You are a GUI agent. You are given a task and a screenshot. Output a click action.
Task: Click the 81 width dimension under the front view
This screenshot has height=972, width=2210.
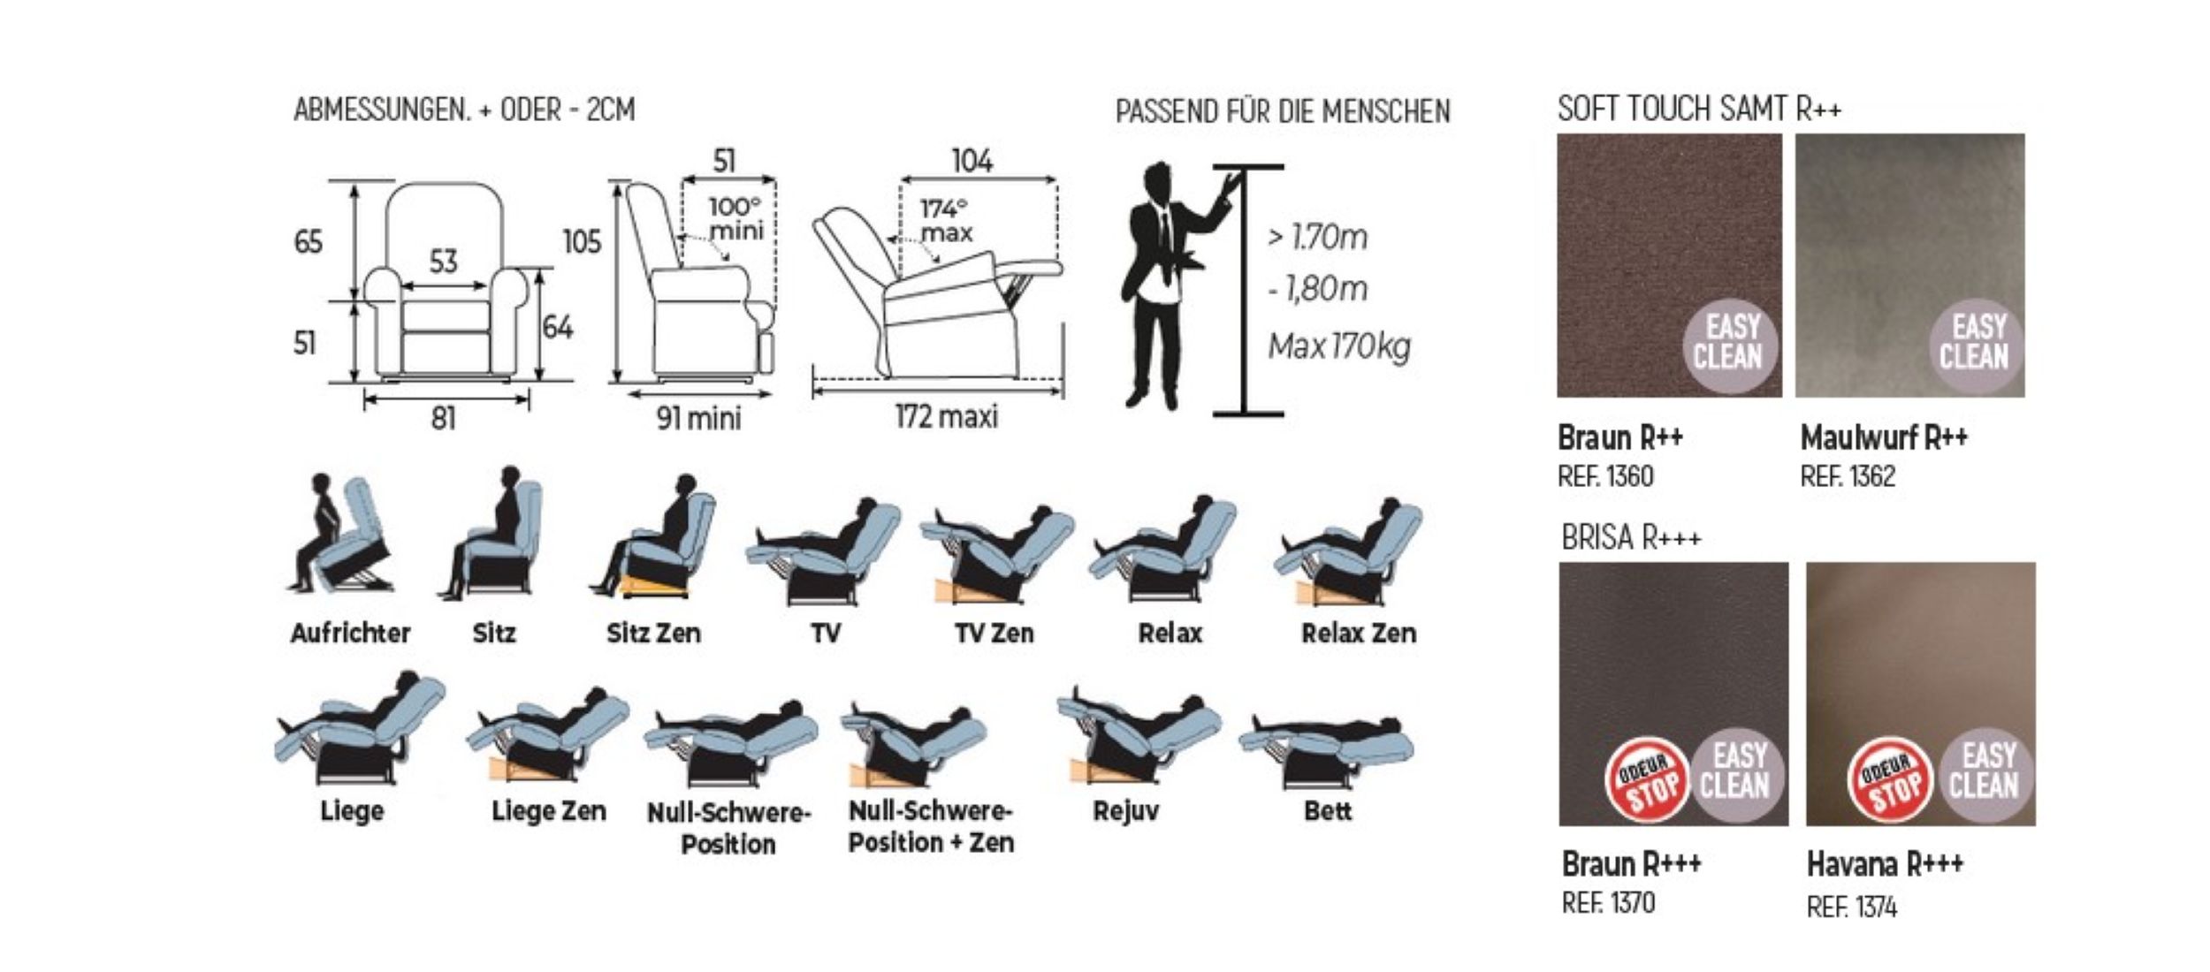(x=444, y=417)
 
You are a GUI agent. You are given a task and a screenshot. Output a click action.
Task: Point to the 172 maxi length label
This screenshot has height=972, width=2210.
(x=946, y=415)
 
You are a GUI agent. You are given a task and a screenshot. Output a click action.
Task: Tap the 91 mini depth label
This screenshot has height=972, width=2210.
(x=698, y=417)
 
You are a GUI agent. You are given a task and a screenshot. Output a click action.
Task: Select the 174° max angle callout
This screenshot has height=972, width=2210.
(x=946, y=220)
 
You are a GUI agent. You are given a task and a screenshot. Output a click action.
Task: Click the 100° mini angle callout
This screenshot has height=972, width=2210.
(x=735, y=218)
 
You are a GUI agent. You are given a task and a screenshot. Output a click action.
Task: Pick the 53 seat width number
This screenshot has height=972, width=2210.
(x=444, y=261)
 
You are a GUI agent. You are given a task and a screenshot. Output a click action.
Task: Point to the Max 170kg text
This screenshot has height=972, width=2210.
(x=1339, y=346)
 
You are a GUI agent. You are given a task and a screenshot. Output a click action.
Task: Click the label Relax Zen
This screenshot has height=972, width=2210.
(x=1359, y=633)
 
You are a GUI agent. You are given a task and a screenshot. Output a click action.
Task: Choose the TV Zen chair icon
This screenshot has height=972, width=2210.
(x=997, y=552)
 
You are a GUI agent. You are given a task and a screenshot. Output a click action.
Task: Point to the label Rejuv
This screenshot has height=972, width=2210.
(x=1125, y=810)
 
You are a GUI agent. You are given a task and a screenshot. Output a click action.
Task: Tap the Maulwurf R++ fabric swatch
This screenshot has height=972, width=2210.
(x=1909, y=265)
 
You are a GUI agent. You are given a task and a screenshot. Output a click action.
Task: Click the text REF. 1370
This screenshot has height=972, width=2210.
(x=1608, y=902)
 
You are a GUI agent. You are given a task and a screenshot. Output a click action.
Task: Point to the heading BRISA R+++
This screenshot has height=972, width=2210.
(x=1631, y=537)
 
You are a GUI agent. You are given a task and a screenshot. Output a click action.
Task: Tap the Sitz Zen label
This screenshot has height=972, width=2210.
(x=653, y=633)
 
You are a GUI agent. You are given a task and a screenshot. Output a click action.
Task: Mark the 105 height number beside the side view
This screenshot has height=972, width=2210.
(x=582, y=241)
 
